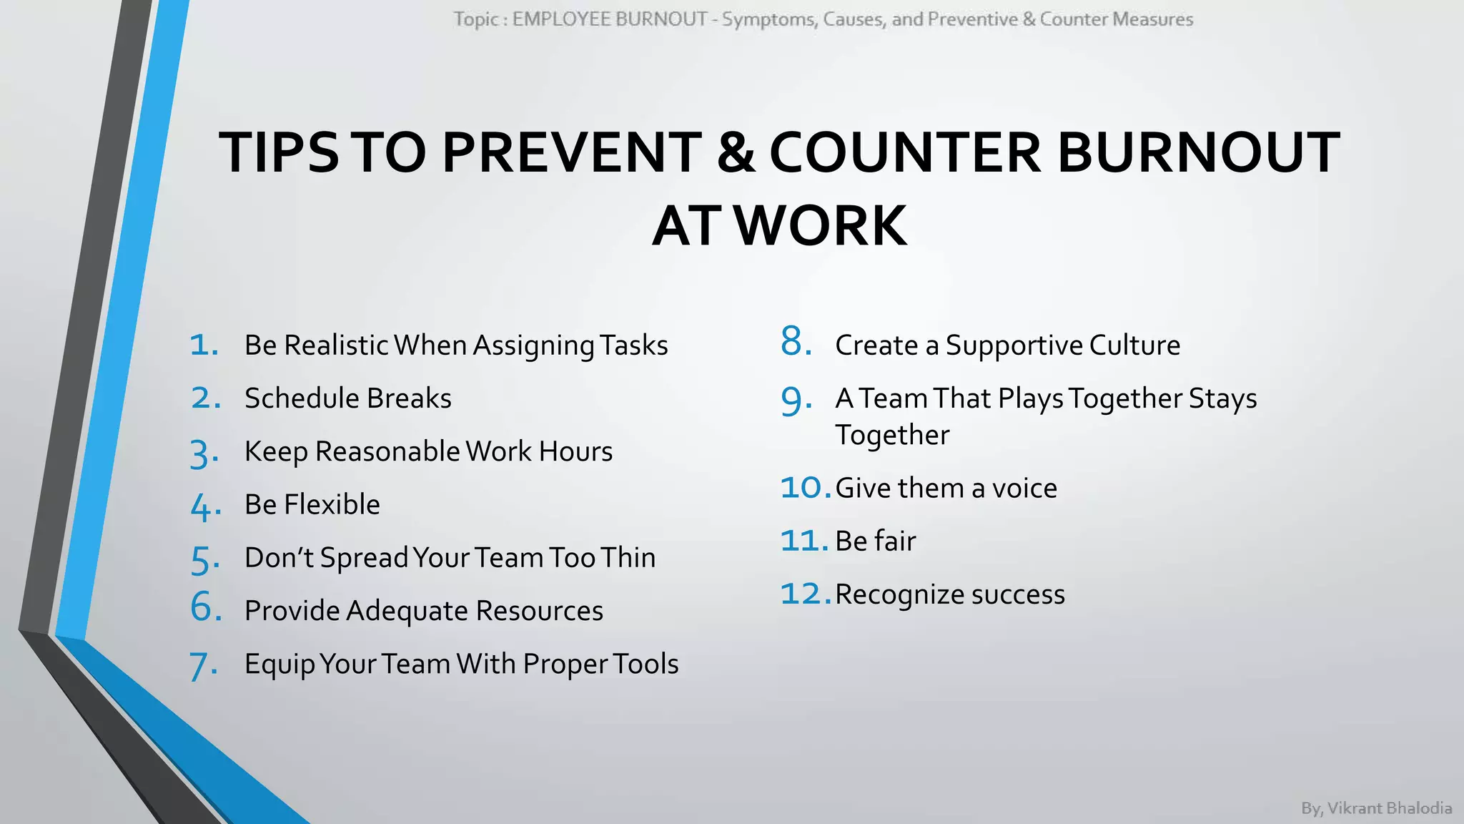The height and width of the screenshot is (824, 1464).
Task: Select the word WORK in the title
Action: pos(821,226)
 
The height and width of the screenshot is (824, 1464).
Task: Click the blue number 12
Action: pos(803,594)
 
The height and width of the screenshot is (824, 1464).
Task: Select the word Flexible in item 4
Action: pos(332,504)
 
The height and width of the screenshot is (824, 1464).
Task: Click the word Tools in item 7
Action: pos(640,664)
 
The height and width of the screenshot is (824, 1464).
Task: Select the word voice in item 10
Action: pos(1024,489)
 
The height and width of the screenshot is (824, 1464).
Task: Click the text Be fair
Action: pos(875,541)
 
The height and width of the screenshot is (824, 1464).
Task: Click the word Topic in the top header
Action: pos(475,19)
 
